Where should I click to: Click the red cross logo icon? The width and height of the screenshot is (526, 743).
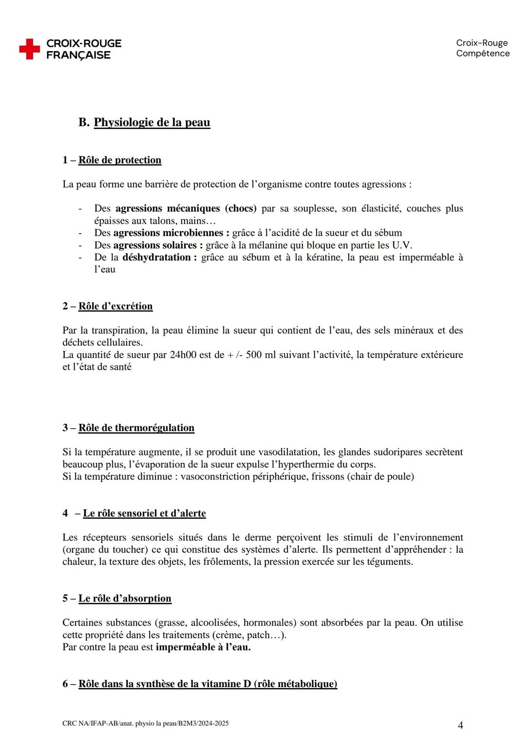point(30,49)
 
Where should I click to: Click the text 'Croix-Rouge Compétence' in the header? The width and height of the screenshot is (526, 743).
point(482,48)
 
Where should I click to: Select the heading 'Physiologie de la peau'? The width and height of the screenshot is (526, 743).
point(151,122)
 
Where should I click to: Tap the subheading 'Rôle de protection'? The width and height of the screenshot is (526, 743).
point(119,160)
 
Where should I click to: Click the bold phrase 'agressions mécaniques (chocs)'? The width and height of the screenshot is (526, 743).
point(186,208)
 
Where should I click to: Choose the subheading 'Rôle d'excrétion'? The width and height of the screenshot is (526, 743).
point(115,306)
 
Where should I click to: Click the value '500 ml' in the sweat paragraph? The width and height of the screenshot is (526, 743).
point(261,355)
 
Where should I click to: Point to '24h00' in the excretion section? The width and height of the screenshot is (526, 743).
point(183,355)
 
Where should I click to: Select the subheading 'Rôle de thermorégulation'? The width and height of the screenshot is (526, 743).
point(136,428)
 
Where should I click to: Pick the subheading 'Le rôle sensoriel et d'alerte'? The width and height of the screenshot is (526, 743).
point(144,513)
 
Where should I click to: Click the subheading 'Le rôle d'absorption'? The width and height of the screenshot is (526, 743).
point(125,598)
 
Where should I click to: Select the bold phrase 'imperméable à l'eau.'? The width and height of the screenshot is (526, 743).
point(203,647)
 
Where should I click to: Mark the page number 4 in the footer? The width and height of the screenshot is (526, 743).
point(460,725)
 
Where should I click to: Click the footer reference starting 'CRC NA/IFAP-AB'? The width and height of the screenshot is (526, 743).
point(145,724)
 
